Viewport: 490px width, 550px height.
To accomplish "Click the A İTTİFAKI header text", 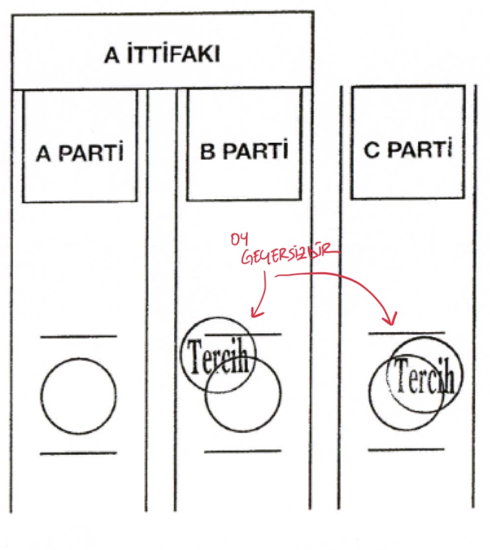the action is pos(162,54).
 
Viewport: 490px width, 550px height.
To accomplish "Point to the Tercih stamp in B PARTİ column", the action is pos(219,355).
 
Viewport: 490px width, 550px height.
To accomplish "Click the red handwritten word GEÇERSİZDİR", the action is pos(290,255).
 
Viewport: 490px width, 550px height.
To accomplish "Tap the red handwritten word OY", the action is pos(240,239).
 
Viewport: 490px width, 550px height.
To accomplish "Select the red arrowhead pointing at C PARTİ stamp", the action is pos(390,319).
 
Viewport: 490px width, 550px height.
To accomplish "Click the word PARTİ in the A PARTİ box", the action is pos(91,153).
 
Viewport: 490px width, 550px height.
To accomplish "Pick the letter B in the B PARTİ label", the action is pos(208,152).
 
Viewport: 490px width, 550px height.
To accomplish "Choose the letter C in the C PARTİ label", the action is pos(372,150).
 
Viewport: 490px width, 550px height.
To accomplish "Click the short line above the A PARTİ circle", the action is pos(78,337).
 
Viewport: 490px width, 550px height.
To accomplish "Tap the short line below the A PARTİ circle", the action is pos(78,453).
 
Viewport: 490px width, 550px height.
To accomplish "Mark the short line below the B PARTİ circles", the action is pos(243,451).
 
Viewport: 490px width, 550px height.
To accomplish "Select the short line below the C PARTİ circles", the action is pos(406,449).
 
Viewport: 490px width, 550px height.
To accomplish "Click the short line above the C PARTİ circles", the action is pos(406,332).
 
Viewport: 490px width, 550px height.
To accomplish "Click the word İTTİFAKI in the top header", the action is pos(173,54).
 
